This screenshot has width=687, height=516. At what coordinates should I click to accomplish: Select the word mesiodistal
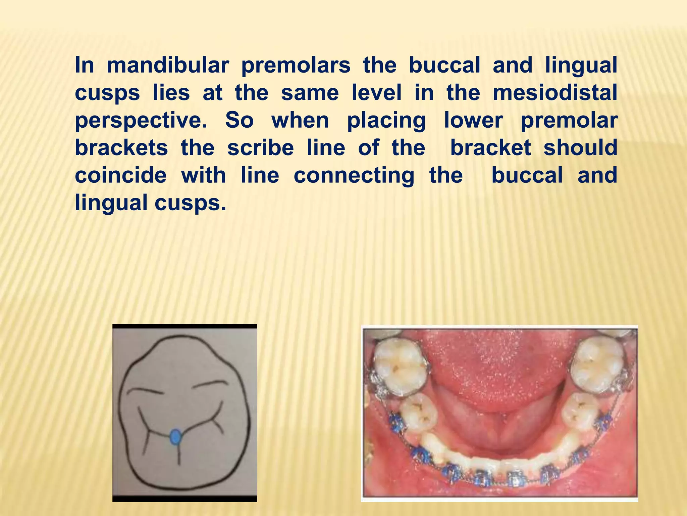555,93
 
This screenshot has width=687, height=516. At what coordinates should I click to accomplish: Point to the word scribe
260,148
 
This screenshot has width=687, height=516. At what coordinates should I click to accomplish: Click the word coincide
121,175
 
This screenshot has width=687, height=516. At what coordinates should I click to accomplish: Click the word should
580,148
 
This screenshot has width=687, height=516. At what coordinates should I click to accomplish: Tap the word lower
473,120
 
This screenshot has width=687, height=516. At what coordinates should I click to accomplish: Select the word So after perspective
239,120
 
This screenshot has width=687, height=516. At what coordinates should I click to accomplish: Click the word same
310,93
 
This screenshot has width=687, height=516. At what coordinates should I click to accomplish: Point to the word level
376,93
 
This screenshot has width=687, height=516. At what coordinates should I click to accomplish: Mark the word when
300,120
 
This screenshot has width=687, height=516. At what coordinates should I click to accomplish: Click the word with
204,175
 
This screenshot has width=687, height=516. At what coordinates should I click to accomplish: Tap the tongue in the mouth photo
500,370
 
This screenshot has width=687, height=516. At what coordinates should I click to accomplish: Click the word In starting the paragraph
84,65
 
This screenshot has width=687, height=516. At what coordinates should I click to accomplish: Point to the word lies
171,93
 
